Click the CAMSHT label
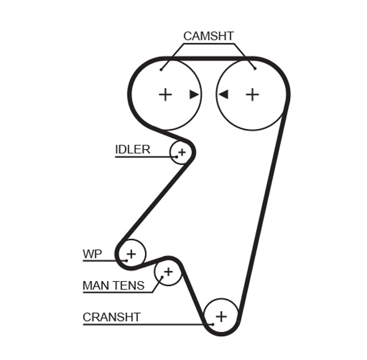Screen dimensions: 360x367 208,36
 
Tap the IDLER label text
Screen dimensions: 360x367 132,150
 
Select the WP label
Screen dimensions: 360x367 92,254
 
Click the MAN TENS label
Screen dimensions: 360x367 113,285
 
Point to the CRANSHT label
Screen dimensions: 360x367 111,317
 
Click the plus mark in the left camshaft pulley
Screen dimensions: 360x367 165,94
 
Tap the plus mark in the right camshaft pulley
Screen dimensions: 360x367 252,94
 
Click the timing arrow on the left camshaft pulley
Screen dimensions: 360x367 194,94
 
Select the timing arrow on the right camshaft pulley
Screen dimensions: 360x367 223,94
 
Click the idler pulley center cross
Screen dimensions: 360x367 182,151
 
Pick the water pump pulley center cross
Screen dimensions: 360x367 131,252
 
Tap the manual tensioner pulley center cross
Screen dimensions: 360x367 168,271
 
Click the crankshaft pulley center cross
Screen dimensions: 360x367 221,316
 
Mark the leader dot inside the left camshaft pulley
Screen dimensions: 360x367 161,68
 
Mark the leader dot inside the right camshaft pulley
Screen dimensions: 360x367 254,68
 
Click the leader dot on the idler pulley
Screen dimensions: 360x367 176,156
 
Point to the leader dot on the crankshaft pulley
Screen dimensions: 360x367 212,323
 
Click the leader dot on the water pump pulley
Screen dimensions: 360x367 126,260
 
